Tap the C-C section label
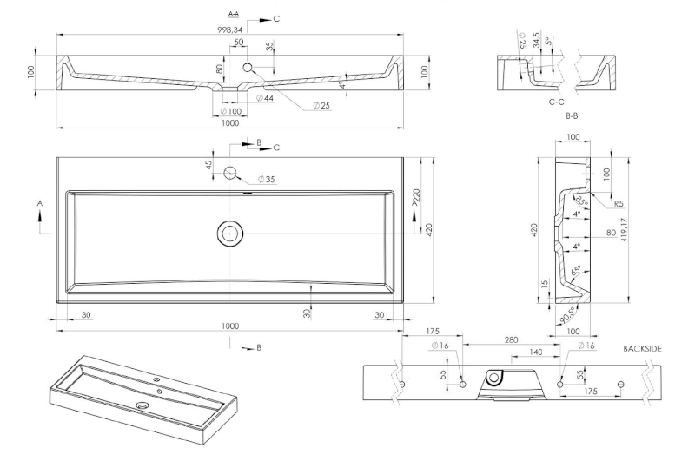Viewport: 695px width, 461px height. (558, 102)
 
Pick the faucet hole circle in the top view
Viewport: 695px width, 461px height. (231, 173)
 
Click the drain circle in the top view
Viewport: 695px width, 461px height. (231, 232)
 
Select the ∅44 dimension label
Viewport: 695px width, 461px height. (265, 98)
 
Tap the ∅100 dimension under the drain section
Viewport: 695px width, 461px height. (230, 111)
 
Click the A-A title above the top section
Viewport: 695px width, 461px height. (233, 15)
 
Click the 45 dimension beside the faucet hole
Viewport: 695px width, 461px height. (209, 165)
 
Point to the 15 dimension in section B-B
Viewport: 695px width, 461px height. (544, 284)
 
